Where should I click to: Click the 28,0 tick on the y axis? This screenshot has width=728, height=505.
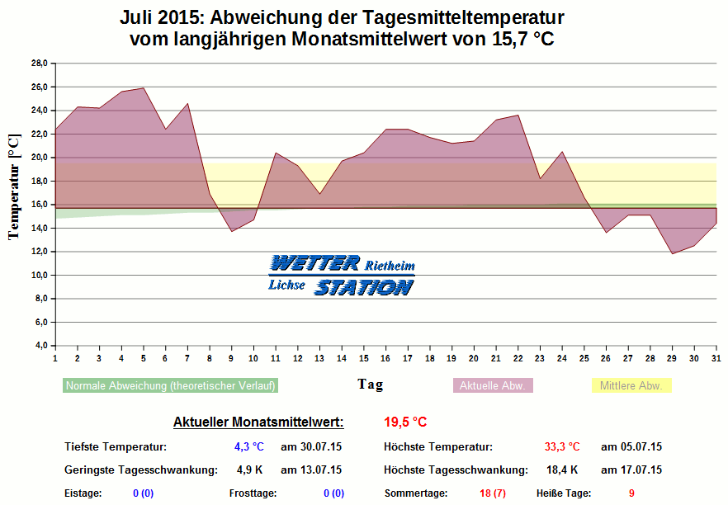pos(40,63)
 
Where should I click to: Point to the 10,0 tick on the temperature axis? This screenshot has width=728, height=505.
pos(40,275)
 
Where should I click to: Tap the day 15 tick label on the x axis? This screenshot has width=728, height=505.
pos(363,358)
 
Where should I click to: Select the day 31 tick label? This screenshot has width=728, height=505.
pos(715,358)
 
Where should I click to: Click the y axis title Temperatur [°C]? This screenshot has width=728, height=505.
pos(14,187)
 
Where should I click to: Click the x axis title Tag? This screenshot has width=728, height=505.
pos(370,384)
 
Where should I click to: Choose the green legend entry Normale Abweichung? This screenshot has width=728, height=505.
pos(170,385)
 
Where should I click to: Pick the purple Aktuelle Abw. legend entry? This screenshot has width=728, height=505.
pos(493,385)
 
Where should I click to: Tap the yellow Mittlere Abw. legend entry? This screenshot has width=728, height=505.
pos(631,385)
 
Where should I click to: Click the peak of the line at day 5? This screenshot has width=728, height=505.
pos(143,87)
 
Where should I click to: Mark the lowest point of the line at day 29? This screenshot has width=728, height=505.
pos(672,253)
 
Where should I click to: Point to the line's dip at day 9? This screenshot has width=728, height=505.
pos(231,231)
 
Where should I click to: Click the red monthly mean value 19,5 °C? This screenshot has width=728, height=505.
pos(405,422)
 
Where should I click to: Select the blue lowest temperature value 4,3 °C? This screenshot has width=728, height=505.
pos(249,447)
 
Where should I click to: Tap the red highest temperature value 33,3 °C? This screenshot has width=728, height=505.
pos(562,447)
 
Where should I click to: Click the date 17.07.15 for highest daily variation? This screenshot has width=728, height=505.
pos(631,470)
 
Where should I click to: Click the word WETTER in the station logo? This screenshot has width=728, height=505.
pos(314,263)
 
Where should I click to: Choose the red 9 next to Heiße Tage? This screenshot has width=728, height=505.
pos(631,493)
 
